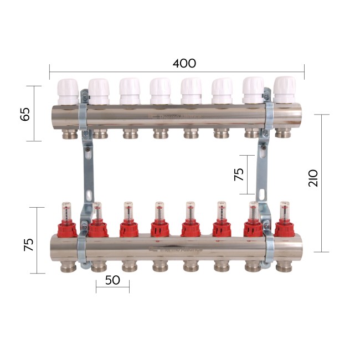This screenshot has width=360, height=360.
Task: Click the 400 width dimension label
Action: (x=184, y=63)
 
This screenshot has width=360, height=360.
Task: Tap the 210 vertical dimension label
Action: (x=313, y=176)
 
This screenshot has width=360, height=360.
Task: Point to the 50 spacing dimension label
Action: (x=112, y=280)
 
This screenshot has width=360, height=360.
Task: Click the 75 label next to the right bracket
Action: (x=239, y=174)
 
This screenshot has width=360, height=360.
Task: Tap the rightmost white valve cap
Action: (x=285, y=89)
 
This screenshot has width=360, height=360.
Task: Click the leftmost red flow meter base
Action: (x=66, y=228)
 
